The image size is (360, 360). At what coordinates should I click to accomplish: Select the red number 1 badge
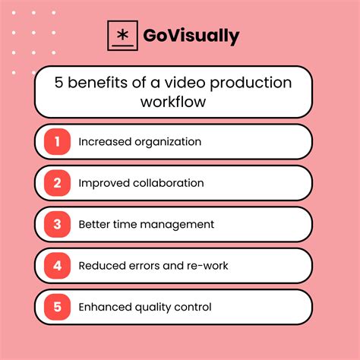pyautogui.click(x=56, y=141)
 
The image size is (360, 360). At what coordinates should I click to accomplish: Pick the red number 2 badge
pyautogui.click(x=56, y=183)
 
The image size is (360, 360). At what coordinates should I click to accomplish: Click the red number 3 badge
pyautogui.click(x=56, y=224)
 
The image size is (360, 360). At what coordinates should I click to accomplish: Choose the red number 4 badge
pyautogui.click(x=56, y=265)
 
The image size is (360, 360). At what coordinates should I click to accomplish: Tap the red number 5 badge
pyautogui.click(x=56, y=307)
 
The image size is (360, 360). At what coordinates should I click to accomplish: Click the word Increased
pyautogui.click(x=103, y=142)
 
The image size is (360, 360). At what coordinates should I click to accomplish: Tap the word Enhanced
pyautogui.click(x=103, y=307)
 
